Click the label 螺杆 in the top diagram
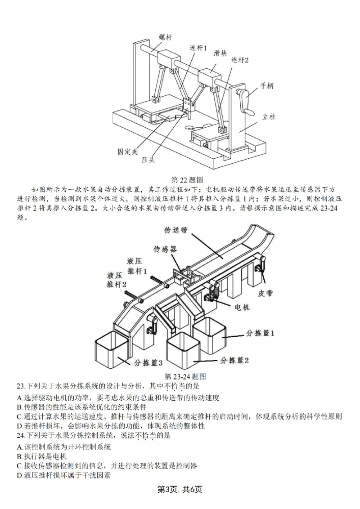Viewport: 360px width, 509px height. pos(165,37)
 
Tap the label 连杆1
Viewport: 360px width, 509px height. pos(198,47)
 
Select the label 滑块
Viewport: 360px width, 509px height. pos(220,53)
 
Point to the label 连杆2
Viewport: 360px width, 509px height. pos(240,59)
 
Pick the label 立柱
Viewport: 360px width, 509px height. pos(269,116)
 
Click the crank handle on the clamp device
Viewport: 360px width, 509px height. pos(243,97)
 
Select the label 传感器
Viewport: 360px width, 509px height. pos(165,248)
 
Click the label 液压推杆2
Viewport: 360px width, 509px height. pos(116,280)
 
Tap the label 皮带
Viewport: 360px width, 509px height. pos(266,293)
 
